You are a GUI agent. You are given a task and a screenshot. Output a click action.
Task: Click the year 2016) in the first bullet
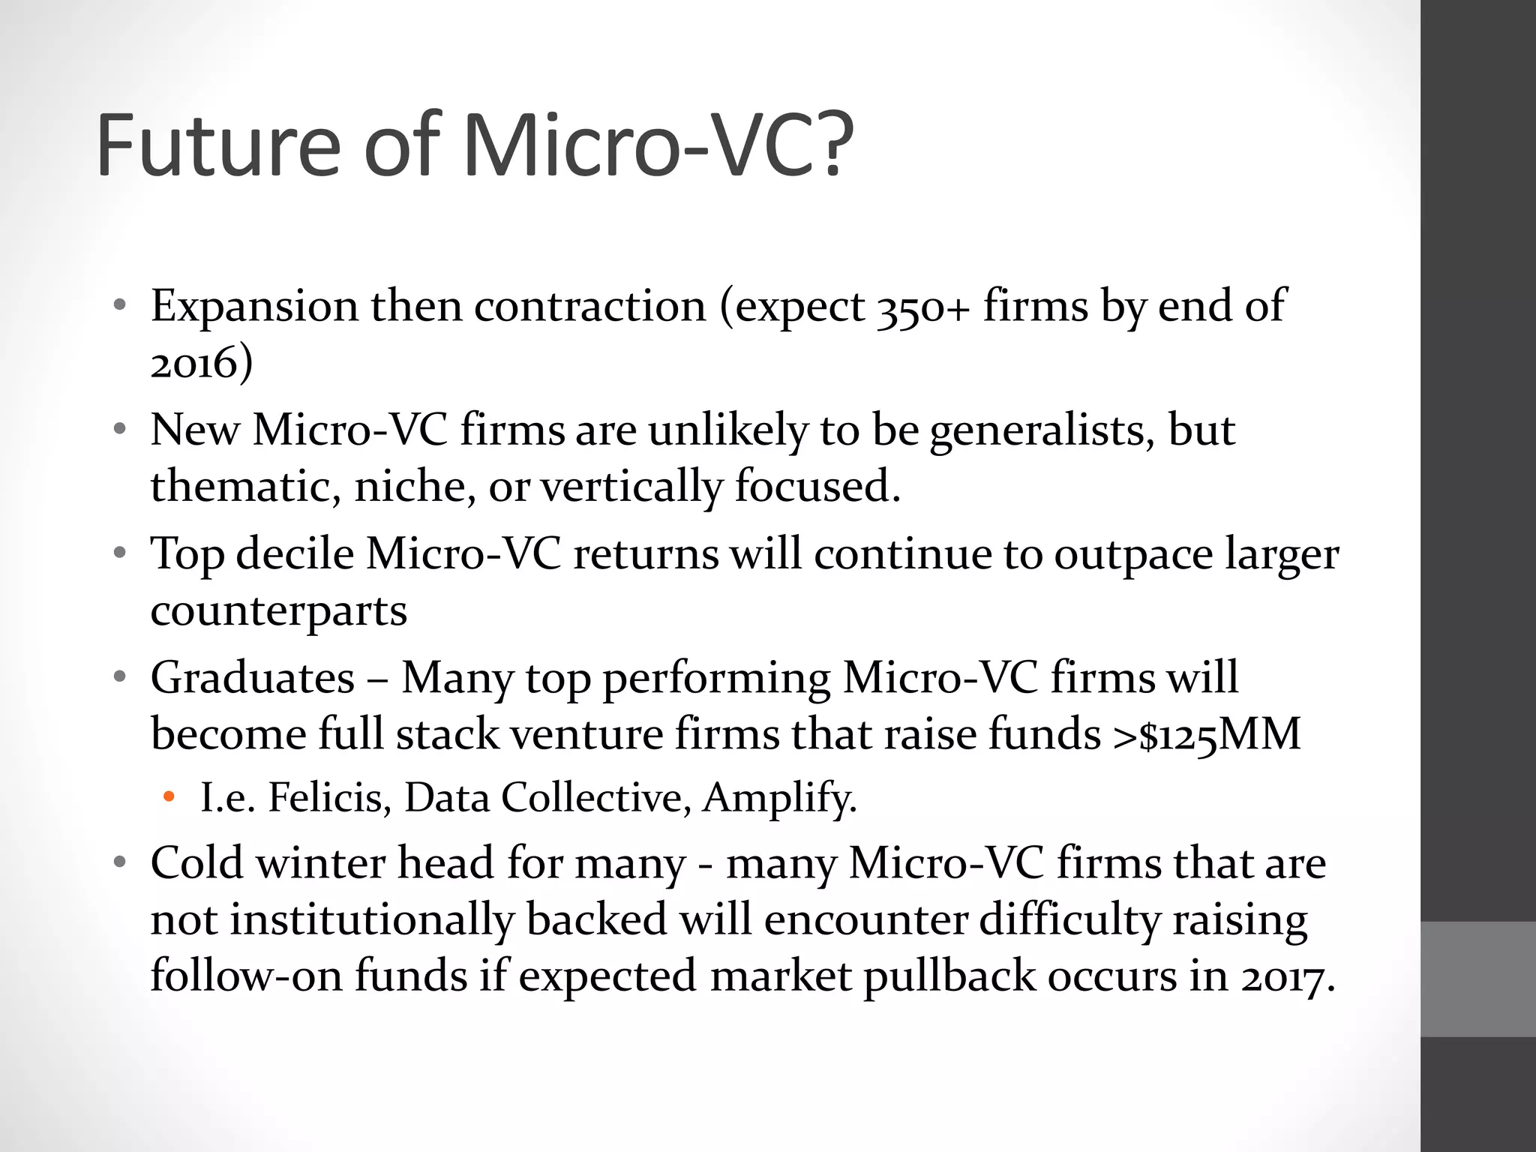201,363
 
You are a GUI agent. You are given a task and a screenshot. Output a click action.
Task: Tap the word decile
294,554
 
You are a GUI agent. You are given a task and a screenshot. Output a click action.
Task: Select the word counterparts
278,610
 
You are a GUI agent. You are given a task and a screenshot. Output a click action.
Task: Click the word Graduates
252,678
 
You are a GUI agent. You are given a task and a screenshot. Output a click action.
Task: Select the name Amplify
779,798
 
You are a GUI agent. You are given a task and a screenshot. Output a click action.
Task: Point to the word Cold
196,863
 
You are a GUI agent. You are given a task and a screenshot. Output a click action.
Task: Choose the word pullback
948,976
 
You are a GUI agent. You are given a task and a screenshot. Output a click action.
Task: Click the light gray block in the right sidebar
1478,979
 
